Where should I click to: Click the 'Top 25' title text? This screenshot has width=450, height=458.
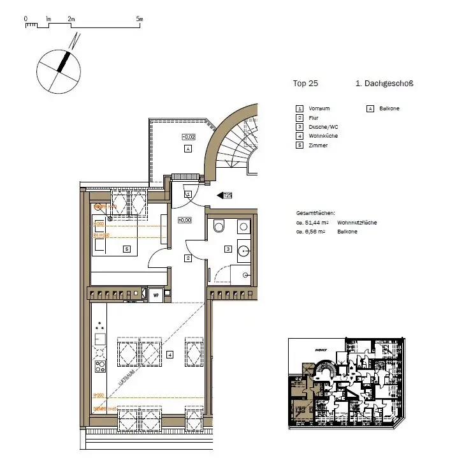click(305, 84)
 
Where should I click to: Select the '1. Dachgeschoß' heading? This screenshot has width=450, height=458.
click(384, 84)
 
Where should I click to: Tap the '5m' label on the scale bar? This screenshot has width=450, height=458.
click(140, 19)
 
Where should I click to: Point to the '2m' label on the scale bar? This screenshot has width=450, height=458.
click(71, 19)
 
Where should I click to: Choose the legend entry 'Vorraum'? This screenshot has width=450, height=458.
click(319, 108)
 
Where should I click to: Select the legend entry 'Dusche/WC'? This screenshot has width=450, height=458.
click(322, 127)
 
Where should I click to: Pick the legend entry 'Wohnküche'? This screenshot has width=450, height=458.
click(323, 136)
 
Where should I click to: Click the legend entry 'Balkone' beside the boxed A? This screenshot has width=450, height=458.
click(389, 108)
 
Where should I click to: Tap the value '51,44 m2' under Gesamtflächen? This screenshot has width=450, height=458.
click(311, 223)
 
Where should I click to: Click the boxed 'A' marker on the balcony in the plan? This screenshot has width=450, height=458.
click(187, 149)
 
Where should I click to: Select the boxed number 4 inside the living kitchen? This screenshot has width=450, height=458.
click(170, 355)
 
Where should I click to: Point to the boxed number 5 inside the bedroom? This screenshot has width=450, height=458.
click(126, 249)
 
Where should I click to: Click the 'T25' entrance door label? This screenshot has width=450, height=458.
click(226, 195)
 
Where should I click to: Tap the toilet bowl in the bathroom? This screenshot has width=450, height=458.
click(219, 226)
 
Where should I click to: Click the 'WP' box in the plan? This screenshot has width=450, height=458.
click(154, 294)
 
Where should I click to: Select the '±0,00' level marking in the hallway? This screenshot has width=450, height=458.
click(185, 220)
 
